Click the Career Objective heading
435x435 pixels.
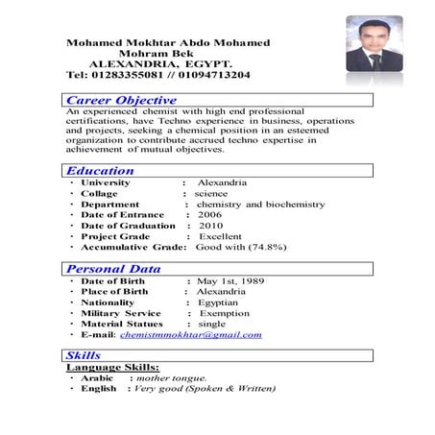[x=121, y=100]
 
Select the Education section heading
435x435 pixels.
[x=101, y=170]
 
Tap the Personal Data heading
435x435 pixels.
[x=113, y=269]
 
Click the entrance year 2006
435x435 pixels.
[x=210, y=215]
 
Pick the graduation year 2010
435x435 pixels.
[x=211, y=226]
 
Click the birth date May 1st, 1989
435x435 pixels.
[x=230, y=280]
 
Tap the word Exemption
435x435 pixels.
[x=224, y=313]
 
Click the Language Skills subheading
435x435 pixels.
[x=112, y=367]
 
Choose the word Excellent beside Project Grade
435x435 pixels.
[x=220, y=236]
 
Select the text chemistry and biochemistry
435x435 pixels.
[x=259, y=205]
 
